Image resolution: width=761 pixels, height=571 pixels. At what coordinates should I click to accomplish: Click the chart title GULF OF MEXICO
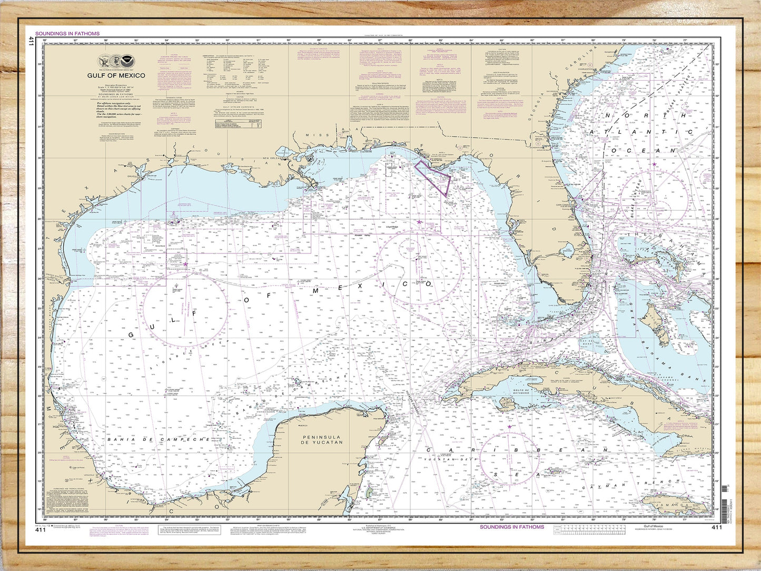pyautogui.click(x=116, y=75)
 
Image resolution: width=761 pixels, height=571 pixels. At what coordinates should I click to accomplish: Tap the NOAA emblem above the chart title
pyautogui.click(x=127, y=61)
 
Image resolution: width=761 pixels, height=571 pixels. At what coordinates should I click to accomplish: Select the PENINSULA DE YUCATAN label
pyautogui.click(x=321, y=439)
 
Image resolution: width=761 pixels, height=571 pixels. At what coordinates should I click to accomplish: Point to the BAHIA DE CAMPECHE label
pyautogui.click(x=151, y=439)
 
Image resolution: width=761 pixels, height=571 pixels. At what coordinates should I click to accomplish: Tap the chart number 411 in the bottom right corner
pyautogui.click(x=716, y=527)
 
